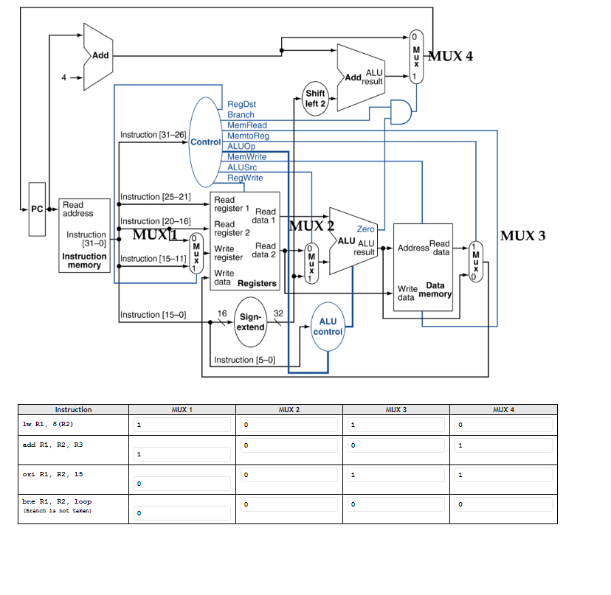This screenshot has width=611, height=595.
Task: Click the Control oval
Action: click(205, 142)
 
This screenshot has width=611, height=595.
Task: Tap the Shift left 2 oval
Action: click(315, 99)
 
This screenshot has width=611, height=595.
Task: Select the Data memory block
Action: click(422, 267)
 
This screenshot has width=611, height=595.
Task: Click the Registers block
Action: click(245, 241)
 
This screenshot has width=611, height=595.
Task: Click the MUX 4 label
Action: click(451, 56)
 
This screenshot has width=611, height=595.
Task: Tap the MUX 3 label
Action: click(522, 236)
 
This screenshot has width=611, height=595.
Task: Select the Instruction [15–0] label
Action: click(152, 315)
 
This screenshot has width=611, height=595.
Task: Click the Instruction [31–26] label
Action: click(153, 135)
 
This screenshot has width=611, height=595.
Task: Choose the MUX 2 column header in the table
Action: click(289, 409)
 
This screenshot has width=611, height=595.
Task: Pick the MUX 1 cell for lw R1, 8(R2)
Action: click(182, 425)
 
